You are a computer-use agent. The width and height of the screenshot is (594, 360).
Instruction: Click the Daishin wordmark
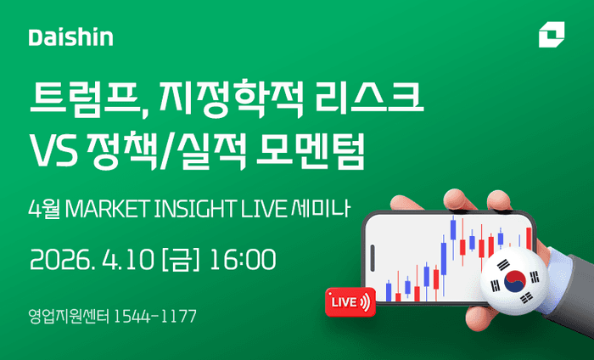(x=70, y=37)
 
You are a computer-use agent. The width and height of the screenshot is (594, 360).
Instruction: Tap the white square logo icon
(x=550, y=37)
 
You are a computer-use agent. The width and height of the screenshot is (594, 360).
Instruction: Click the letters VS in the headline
(x=53, y=153)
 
